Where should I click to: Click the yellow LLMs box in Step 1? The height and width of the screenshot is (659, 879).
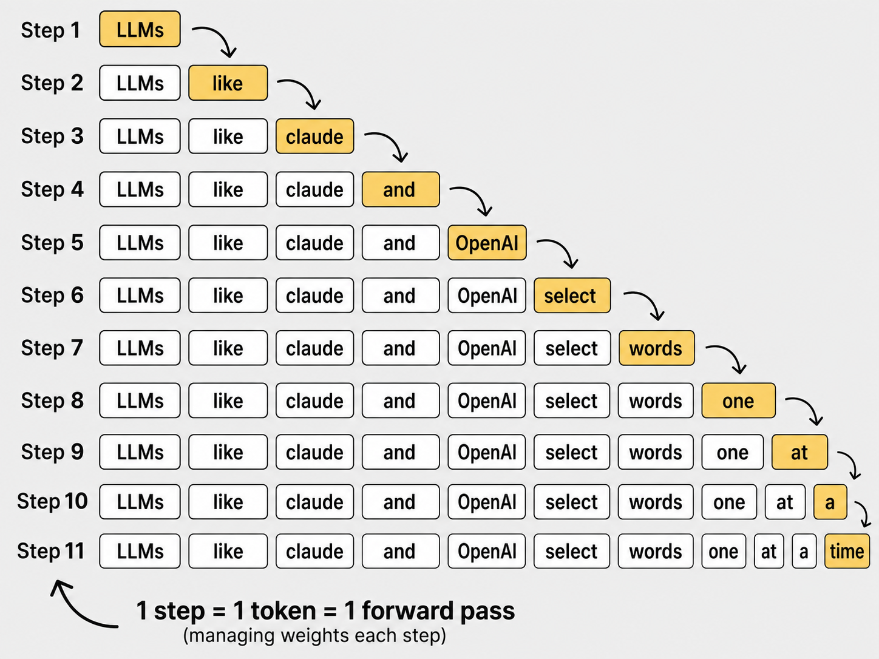140,29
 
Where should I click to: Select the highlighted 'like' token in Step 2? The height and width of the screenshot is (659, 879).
228,83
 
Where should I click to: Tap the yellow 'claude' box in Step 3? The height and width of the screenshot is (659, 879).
315,136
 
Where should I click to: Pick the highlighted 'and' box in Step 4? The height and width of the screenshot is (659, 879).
401,189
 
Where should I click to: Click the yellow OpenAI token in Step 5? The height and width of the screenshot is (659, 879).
487,243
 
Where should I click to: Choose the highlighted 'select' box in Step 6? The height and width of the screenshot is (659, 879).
572,296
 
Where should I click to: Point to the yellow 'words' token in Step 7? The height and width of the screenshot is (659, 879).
657,348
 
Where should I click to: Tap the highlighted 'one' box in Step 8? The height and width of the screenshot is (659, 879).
738,400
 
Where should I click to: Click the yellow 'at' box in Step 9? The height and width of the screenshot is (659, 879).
799,452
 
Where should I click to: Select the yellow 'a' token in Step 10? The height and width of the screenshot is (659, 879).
830,502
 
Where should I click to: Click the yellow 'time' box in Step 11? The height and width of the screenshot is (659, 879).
847,551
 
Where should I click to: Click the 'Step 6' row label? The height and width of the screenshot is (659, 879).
52,296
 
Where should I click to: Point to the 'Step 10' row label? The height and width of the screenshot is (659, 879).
52,501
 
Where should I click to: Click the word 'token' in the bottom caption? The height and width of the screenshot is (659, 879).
283,610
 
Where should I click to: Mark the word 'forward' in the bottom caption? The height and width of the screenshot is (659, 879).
407,610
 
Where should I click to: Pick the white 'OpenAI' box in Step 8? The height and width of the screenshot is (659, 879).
487,400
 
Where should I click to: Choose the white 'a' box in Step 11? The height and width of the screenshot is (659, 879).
804,551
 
